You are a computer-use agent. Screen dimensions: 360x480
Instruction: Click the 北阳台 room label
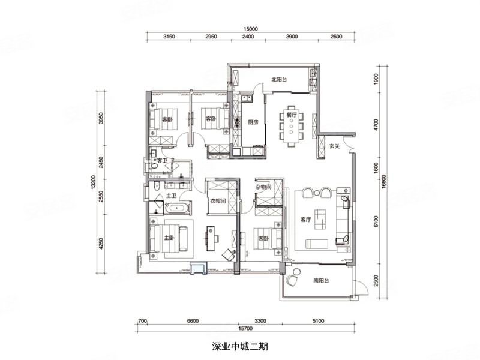point(280,79)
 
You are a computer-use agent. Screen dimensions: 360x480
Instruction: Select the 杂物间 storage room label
point(263,187)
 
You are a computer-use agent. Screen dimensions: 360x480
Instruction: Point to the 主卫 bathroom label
point(170,196)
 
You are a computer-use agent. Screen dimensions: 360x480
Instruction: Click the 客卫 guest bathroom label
point(161,161)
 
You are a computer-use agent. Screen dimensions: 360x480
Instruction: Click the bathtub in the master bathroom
point(176,209)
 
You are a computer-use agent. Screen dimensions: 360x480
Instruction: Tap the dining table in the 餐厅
point(292,130)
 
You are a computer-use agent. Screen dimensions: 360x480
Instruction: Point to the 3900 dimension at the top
point(292,37)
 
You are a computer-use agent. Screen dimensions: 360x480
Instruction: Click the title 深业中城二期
point(243,347)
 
